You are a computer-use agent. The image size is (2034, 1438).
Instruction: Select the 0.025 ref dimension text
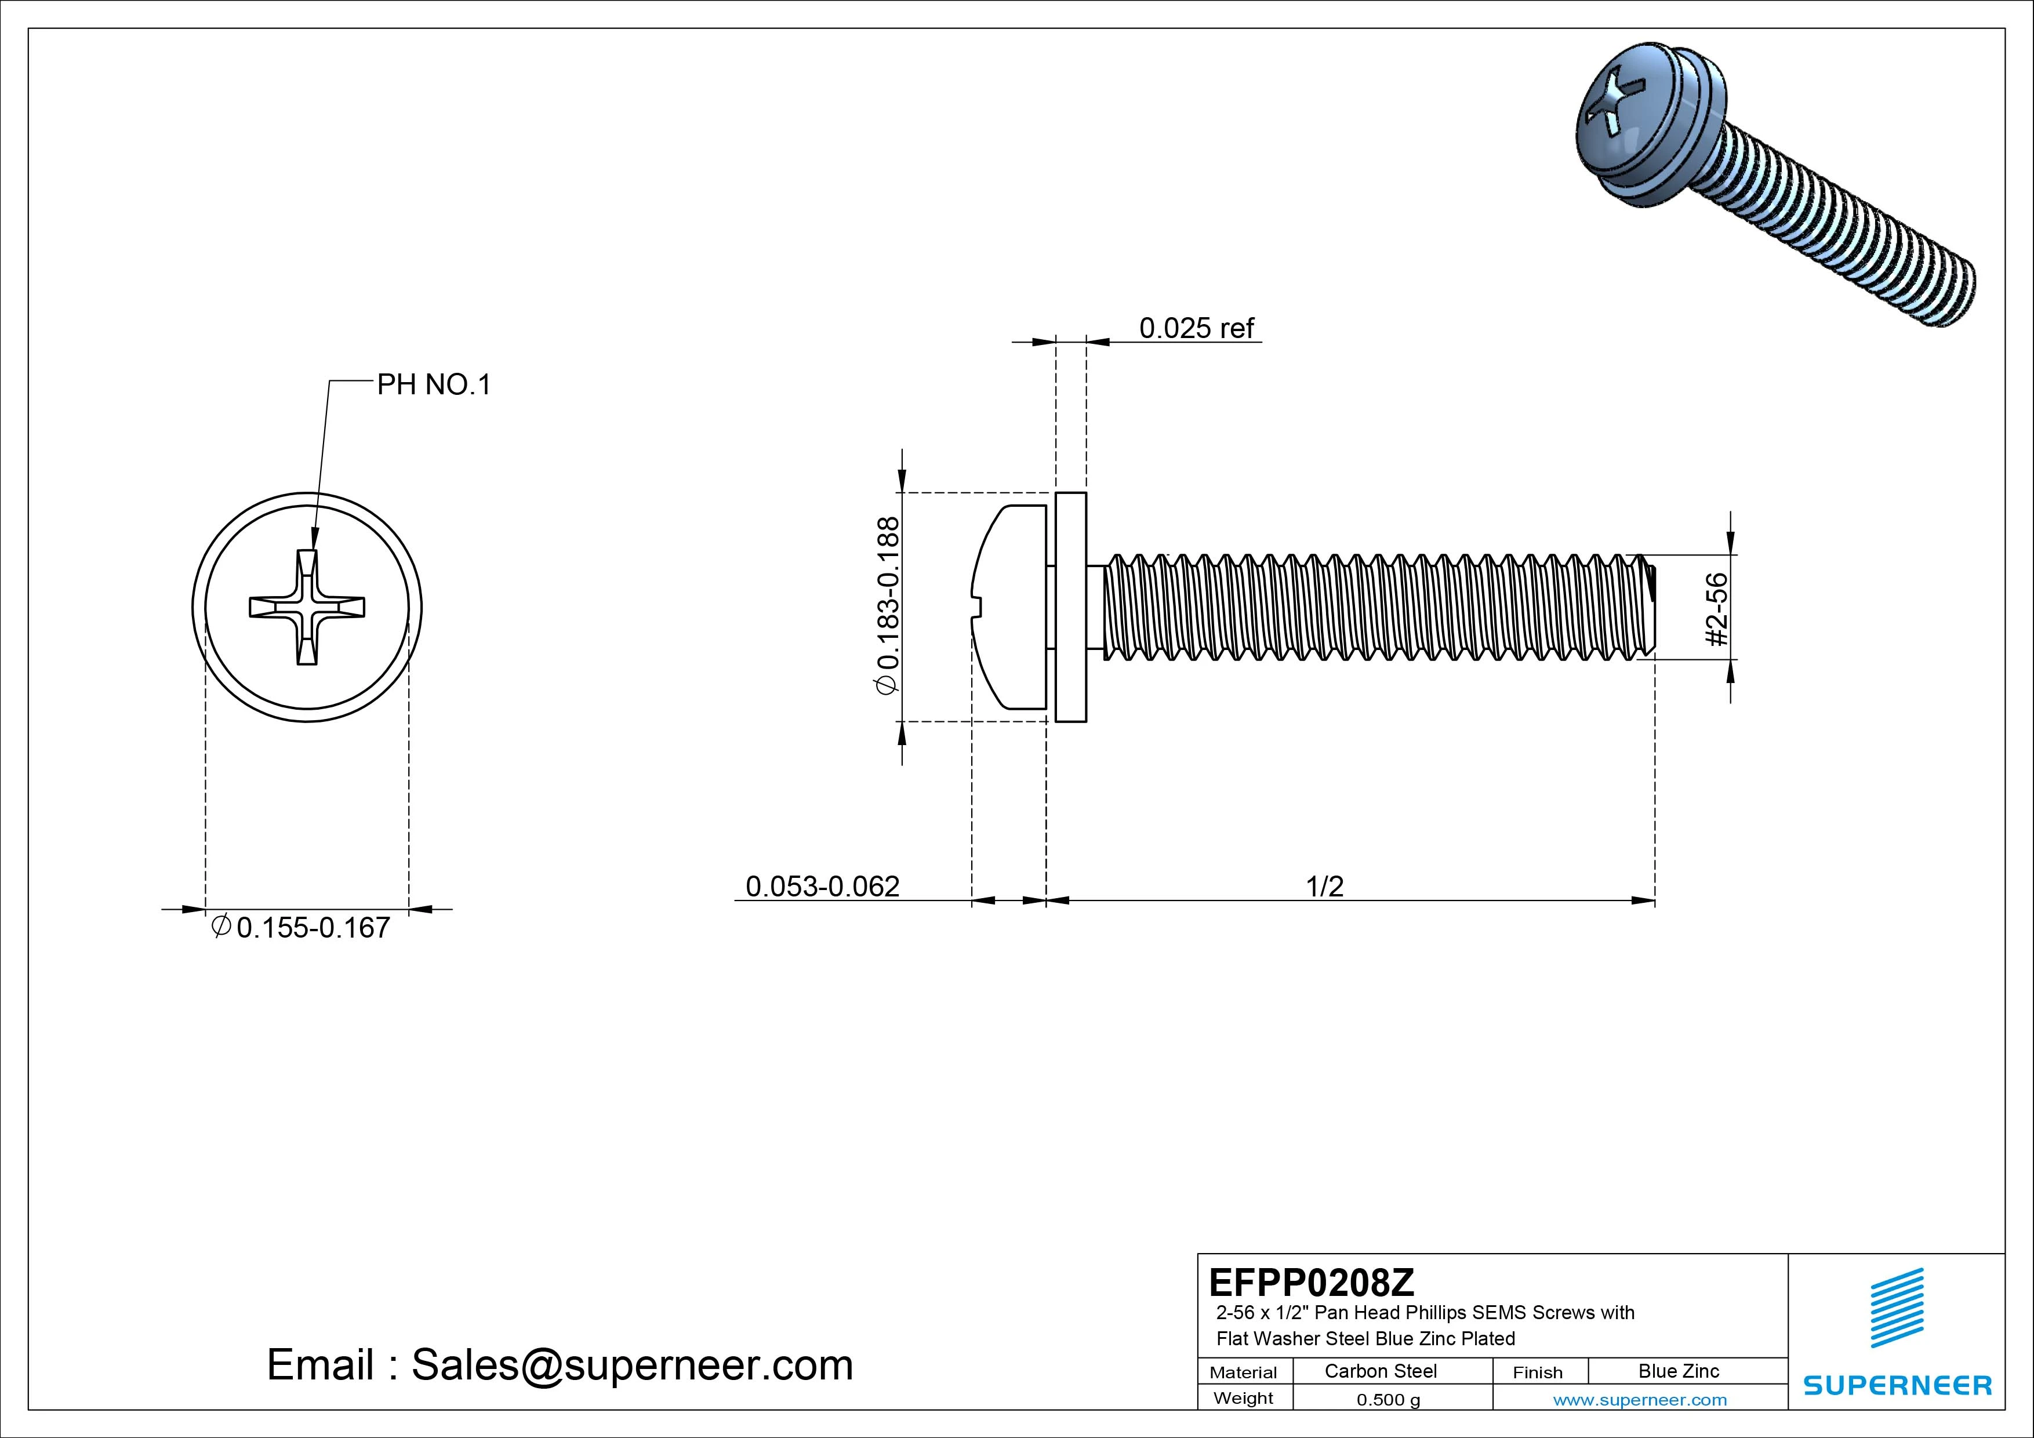pyautogui.click(x=1196, y=329)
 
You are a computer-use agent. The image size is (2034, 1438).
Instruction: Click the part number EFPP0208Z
pyautogui.click(x=1311, y=1282)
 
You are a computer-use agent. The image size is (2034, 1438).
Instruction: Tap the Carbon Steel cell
pyautogui.click(x=1380, y=1371)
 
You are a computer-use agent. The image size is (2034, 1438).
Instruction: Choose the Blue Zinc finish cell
pyautogui.click(x=1679, y=1371)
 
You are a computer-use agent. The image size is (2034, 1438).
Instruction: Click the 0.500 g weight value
pyautogui.click(x=1388, y=1400)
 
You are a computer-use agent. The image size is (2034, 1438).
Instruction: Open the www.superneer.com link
pyautogui.click(x=1640, y=1400)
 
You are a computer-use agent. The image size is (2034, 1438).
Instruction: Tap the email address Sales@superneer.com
pyautogui.click(x=631, y=1364)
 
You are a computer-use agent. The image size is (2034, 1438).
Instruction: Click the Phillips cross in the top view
pyautogui.click(x=307, y=607)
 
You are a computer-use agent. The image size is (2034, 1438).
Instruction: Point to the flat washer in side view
pyautogui.click(x=1071, y=607)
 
